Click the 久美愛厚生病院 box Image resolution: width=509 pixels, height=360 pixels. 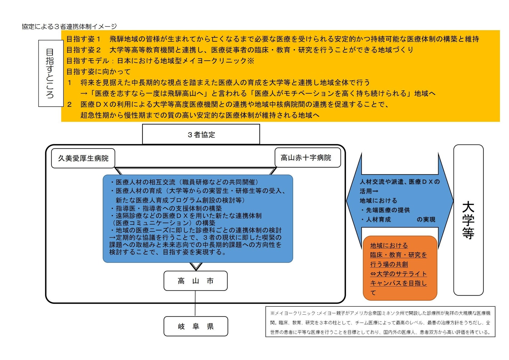[x=83, y=158]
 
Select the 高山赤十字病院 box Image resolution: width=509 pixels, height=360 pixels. [x=308, y=158]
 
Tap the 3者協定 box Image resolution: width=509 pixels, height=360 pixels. [x=201, y=134]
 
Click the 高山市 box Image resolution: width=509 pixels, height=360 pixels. [x=195, y=281]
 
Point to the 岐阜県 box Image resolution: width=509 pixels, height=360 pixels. [x=196, y=326]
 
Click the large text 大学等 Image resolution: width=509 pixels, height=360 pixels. [x=468, y=220]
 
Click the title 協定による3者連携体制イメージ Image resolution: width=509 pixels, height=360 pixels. [x=69, y=26]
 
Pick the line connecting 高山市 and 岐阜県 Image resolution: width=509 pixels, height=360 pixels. [x=195, y=303]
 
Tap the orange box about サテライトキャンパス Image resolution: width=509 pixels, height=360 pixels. [x=400, y=268]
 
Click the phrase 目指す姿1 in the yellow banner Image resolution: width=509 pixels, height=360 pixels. [x=83, y=39]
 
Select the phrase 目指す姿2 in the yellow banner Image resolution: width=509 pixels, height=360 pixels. [x=83, y=50]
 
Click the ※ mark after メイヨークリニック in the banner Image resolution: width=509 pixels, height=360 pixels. [x=251, y=61]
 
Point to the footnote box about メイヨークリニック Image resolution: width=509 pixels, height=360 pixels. [x=380, y=322]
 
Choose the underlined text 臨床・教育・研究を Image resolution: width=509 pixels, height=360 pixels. [x=398, y=255]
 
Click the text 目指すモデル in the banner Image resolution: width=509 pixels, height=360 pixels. [x=87, y=61]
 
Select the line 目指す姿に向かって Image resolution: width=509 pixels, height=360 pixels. [x=98, y=71]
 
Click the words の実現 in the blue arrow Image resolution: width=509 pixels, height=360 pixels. [x=426, y=219]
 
